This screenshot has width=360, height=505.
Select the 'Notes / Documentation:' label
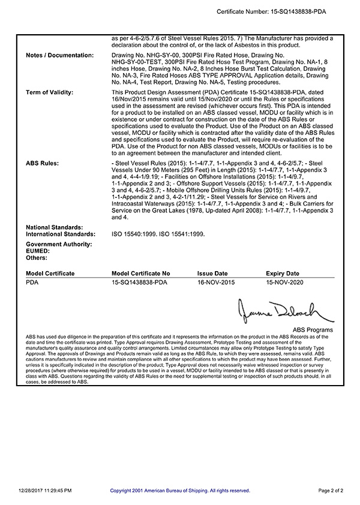coord(60,55)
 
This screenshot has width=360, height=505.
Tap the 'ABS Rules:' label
coord(43,163)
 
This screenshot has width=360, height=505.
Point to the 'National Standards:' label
coord(55,227)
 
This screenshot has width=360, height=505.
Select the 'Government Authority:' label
coord(59,244)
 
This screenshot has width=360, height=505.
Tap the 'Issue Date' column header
coord(212,273)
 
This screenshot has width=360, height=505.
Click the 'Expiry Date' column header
coord(282,273)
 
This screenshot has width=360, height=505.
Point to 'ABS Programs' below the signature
coord(313,330)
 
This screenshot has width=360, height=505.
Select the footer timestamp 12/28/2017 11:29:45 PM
coord(45,491)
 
